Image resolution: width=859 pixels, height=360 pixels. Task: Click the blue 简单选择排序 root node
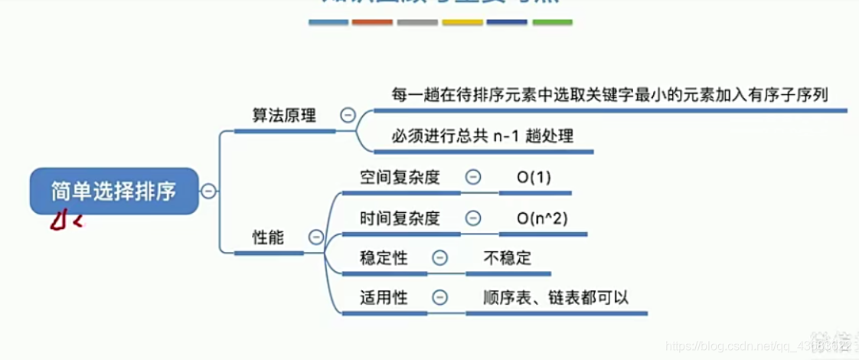(x=113, y=191)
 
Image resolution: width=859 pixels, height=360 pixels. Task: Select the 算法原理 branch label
(x=284, y=115)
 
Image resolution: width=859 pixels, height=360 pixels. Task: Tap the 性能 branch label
(x=268, y=237)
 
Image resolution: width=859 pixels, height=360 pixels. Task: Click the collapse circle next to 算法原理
(x=348, y=115)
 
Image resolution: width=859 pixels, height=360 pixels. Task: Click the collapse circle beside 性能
(x=315, y=237)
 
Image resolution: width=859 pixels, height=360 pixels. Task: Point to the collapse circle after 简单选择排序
(x=208, y=191)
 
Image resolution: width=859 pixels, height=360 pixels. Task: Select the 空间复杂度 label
(x=400, y=177)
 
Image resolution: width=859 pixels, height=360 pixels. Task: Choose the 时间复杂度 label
(x=400, y=218)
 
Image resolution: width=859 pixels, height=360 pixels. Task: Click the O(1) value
(x=534, y=177)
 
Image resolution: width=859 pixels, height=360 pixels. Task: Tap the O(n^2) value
(x=541, y=218)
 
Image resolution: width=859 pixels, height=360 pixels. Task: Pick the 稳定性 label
(x=384, y=257)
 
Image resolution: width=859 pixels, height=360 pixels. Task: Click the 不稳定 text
(x=507, y=257)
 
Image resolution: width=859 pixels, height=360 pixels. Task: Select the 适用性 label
(x=384, y=297)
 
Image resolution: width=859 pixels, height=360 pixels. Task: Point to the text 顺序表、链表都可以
(x=556, y=297)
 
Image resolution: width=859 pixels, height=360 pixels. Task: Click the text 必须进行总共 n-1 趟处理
(x=482, y=136)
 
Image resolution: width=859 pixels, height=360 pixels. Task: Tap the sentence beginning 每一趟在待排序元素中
(x=609, y=94)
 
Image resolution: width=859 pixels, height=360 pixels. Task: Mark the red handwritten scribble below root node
(x=64, y=221)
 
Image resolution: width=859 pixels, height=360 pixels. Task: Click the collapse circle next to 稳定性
(x=439, y=257)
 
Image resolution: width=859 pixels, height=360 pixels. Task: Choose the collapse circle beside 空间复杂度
(x=473, y=177)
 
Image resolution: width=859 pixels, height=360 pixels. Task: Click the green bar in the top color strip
(x=552, y=22)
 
